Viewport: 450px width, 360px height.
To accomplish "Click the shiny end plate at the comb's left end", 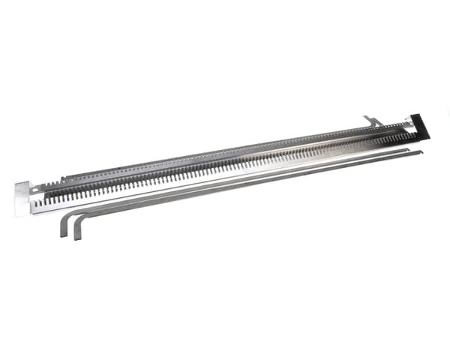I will (23, 198).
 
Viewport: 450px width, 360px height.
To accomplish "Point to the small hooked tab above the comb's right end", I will (371, 120).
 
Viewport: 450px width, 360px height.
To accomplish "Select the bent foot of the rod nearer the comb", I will (63, 226).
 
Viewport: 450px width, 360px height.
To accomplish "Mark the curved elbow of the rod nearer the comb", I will (67, 214).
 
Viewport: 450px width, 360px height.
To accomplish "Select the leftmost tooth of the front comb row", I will (46, 199).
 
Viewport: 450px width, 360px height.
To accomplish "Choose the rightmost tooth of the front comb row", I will (412, 136).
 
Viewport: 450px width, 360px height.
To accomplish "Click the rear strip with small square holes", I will (225, 150).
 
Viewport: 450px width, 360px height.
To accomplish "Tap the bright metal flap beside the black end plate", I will (410, 120).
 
